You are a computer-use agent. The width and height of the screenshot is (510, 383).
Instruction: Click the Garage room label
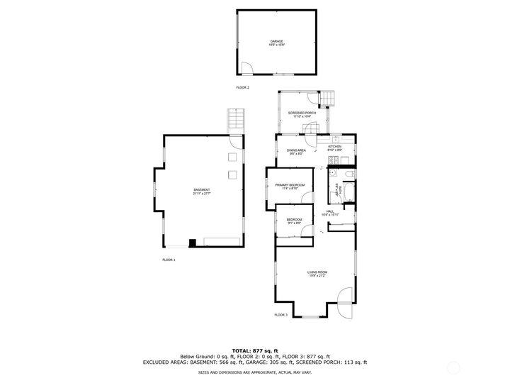coord(276,43)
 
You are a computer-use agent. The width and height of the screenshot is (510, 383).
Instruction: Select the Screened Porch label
coord(300,114)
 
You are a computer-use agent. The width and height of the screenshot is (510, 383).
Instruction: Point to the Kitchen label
coord(334,148)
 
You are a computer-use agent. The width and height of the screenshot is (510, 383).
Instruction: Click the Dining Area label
coord(296,152)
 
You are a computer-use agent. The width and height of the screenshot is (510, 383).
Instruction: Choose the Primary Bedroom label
coord(290,187)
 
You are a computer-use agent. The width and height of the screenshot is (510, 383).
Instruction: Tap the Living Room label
coord(317,274)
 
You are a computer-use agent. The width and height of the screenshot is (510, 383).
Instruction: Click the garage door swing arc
coord(247,69)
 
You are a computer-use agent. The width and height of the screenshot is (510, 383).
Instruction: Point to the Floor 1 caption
coord(169,260)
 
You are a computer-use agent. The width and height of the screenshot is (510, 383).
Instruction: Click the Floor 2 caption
coord(243,87)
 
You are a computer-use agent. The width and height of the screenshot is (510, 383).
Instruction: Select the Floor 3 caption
coord(281,314)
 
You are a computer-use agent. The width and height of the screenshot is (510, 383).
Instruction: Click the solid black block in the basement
coord(192,243)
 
